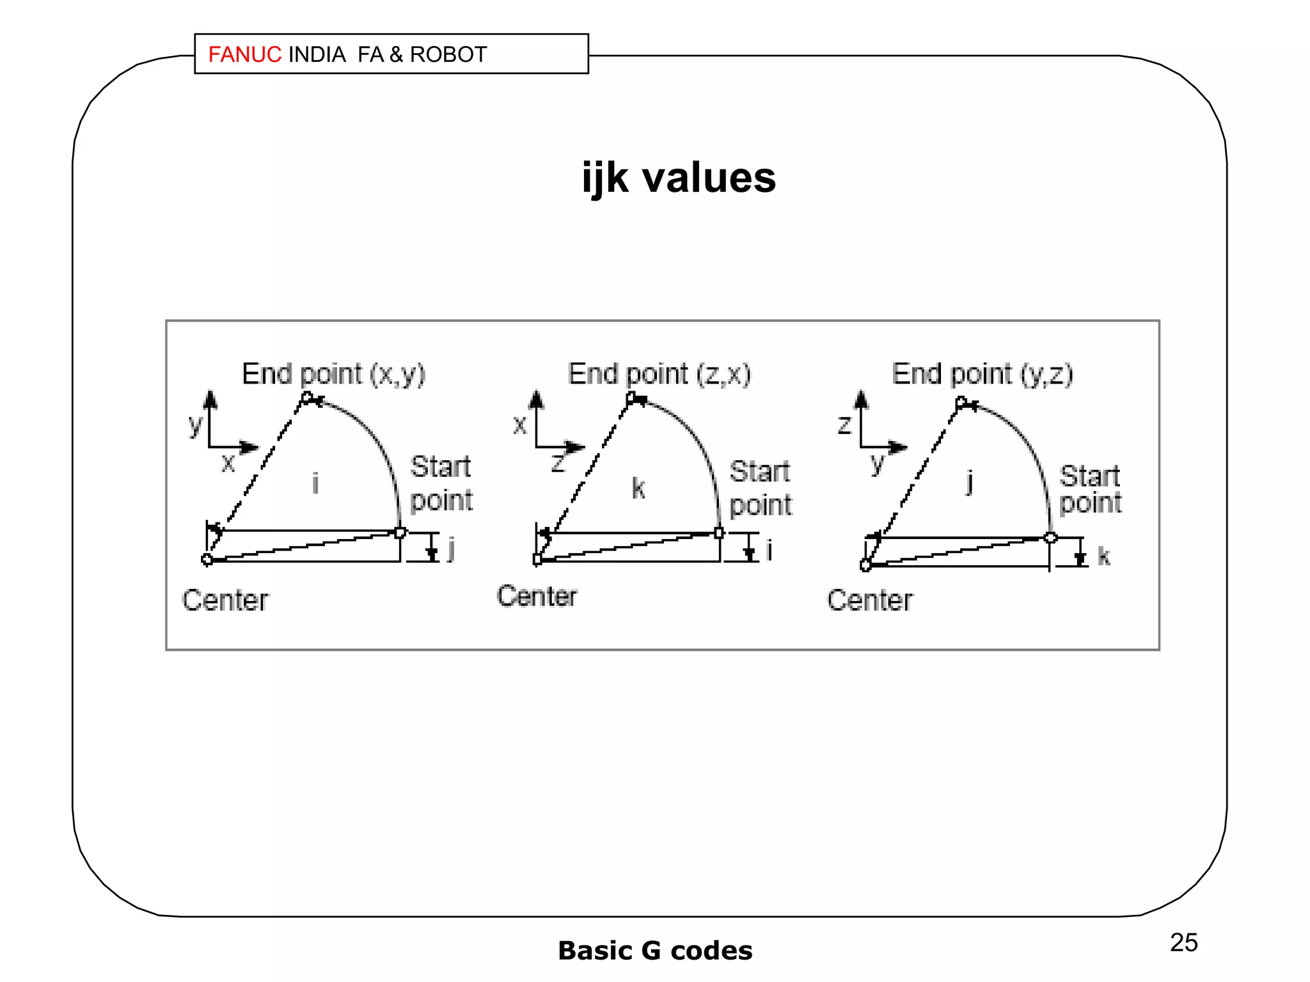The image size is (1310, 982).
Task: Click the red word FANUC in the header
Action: [x=244, y=55]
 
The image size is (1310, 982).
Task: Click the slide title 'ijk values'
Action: [x=679, y=178]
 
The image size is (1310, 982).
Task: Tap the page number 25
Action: [x=1183, y=942]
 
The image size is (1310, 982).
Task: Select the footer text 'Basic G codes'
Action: [x=655, y=951]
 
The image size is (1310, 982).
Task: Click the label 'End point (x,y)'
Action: [x=333, y=374]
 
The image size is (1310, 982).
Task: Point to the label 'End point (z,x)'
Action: [x=659, y=374]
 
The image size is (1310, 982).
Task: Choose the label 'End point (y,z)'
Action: [x=982, y=374]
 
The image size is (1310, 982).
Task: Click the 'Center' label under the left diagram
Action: [x=225, y=600]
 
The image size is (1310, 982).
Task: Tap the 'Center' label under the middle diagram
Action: [x=537, y=596]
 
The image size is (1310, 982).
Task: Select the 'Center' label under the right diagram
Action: [x=870, y=600]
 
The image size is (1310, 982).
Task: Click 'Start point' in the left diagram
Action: [x=441, y=483]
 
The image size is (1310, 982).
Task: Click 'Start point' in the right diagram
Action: [x=1090, y=489]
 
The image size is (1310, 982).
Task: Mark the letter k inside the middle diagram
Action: [x=638, y=488]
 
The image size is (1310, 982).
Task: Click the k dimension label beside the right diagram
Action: [x=1103, y=556]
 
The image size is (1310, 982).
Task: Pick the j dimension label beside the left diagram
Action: [x=451, y=549]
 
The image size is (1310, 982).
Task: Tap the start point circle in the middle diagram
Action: [x=719, y=533]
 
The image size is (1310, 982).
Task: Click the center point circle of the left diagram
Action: [x=207, y=560]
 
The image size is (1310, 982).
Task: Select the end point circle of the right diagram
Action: [x=961, y=402]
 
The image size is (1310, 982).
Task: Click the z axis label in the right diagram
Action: [x=844, y=425]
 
